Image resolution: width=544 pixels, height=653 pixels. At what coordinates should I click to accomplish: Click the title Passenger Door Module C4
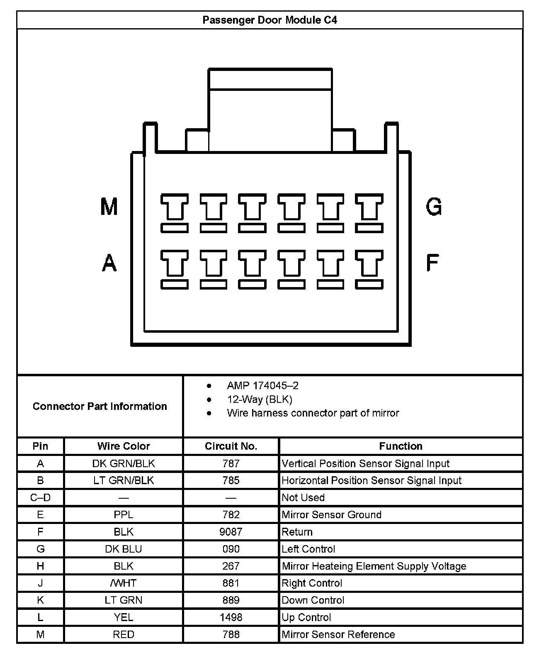point(270,20)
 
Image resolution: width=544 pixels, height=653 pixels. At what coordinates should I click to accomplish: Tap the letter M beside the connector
point(109,207)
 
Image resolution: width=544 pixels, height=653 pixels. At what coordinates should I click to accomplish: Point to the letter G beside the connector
point(434,206)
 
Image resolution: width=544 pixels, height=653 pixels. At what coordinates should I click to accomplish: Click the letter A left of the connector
point(109,263)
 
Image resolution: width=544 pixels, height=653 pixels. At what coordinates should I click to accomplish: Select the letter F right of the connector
point(432,263)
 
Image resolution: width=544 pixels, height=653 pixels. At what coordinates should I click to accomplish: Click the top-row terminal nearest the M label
point(174,212)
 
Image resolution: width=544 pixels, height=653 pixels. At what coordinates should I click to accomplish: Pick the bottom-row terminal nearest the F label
point(369,268)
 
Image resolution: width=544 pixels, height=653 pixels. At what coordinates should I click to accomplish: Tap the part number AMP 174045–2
point(262,385)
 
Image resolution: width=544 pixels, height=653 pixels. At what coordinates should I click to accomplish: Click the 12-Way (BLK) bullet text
point(260,399)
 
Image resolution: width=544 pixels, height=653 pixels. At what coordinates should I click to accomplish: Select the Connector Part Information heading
point(100,406)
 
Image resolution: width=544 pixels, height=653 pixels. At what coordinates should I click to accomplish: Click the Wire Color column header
point(124,446)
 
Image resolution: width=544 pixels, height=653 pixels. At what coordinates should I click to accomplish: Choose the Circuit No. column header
point(231,446)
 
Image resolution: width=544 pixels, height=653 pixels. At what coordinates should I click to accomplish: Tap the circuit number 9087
point(231,532)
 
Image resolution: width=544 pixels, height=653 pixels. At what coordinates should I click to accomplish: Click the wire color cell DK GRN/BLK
point(124,463)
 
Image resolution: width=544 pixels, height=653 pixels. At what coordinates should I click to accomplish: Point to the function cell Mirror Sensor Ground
point(331,515)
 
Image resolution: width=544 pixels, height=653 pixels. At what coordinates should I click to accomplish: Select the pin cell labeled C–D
point(40,497)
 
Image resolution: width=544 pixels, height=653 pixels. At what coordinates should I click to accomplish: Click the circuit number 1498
point(231,617)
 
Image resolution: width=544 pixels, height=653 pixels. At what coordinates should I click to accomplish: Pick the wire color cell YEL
point(124,617)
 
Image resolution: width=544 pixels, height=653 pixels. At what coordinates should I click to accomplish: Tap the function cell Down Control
point(313,600)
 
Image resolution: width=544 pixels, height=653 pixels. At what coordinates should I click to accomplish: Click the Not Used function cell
point(303,497)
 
